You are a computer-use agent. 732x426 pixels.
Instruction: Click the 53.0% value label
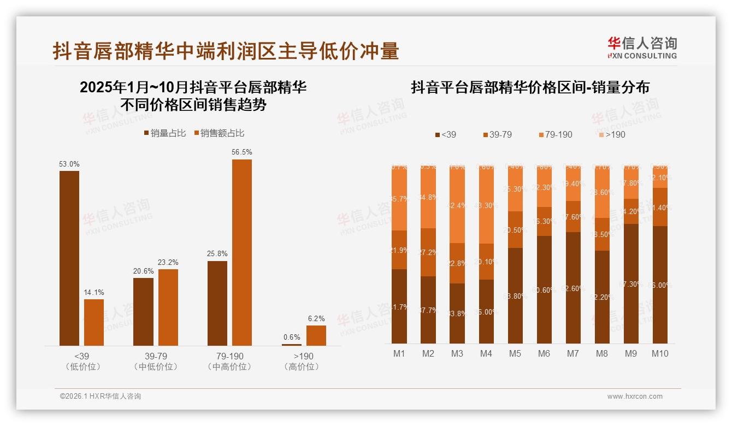(69, 164)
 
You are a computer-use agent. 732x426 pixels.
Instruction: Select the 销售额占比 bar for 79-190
(242, 252)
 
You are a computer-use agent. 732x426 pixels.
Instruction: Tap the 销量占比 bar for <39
(69, 258)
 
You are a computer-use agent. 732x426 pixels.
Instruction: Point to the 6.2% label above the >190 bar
(316, 318)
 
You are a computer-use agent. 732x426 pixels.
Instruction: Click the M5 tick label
(515, 353)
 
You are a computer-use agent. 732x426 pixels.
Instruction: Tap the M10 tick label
(660, 353)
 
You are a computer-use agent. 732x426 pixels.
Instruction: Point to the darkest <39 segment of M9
(631, 284)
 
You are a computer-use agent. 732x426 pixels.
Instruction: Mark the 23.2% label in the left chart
(168, 262)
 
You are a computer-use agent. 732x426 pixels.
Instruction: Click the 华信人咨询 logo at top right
(642, 48)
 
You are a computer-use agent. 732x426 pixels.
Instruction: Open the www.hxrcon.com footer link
(635, 397)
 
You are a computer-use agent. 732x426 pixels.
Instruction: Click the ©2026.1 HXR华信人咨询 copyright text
(100, 397)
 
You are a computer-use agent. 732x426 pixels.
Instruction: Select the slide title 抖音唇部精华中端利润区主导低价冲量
(226, 51)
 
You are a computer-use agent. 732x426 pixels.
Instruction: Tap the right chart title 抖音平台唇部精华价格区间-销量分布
(530, 87)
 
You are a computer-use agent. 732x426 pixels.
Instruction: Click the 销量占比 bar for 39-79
(144, 311)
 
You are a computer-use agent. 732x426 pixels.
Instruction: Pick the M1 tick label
(399, 353)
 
